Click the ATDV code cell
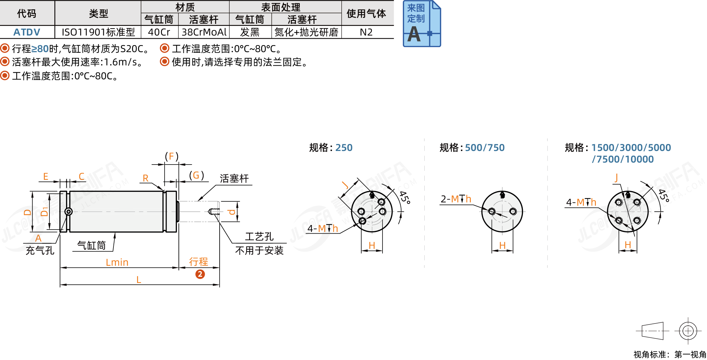(27, 32)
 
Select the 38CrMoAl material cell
(204, 32)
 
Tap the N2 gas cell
(366, 32)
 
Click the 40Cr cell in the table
(159, 32)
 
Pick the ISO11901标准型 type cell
(98, 32)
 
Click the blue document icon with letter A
(422, 24)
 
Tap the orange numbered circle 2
(200, 274)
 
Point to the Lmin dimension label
(117, 262)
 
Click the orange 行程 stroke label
(198, 262)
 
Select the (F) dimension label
(172, 156)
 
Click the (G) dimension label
(196, 175)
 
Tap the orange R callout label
(145, 178)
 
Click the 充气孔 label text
(40, 251)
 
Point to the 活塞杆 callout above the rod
(234, 179)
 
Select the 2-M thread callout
(456, 199)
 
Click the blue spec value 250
(344, 148)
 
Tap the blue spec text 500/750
(485, 148)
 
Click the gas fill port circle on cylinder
(69, 211)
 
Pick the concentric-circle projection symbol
(688, 331)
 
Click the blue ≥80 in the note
(40, 49)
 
